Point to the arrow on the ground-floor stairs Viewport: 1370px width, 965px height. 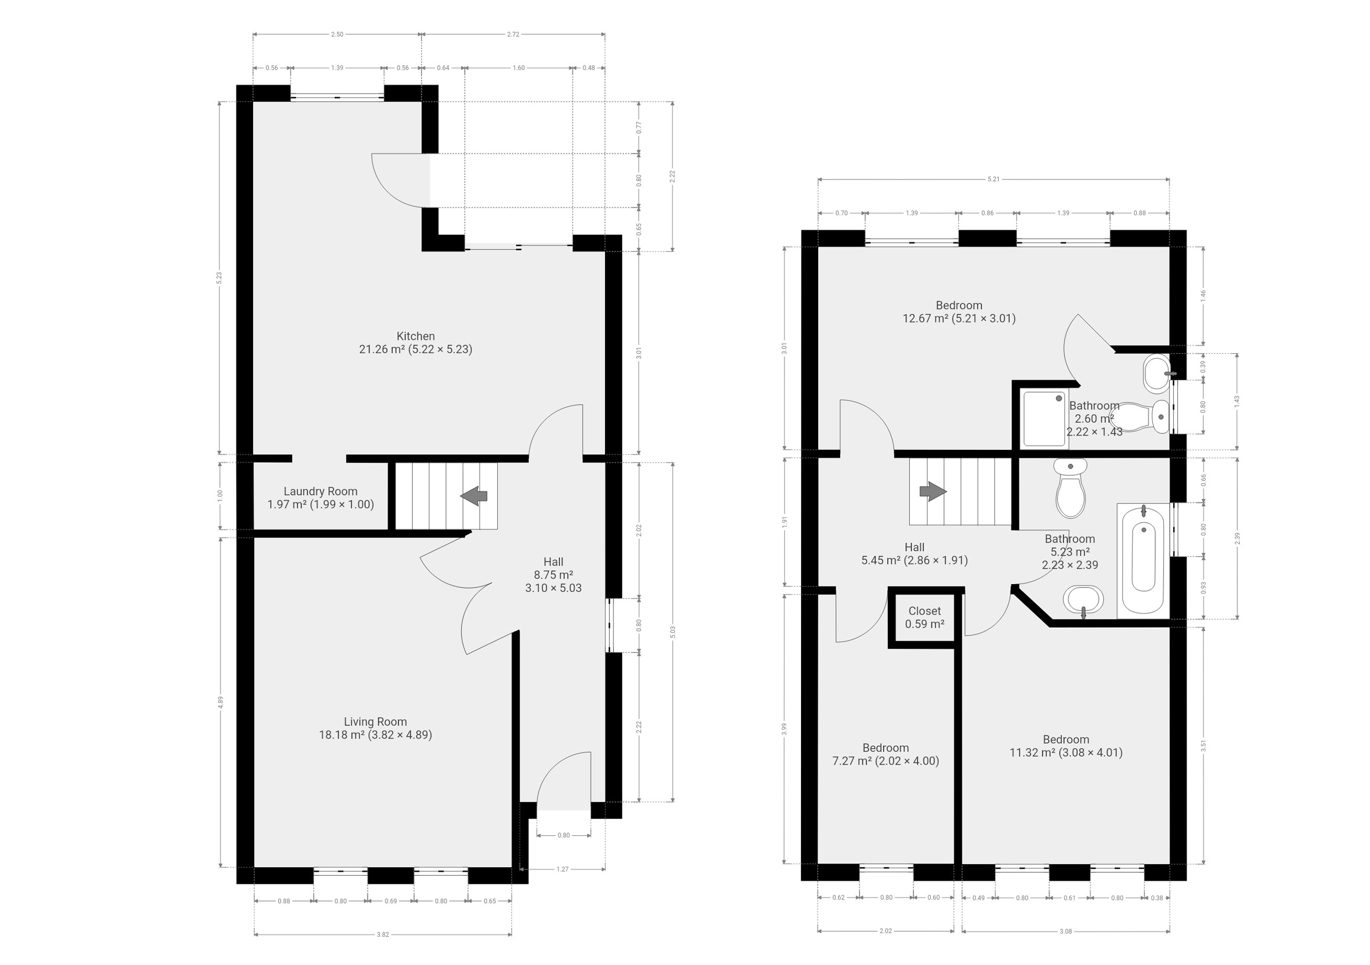tap(474, 496)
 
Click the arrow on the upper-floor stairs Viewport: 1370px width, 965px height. tap(933, 491)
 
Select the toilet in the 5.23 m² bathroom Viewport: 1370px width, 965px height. tap(1071, 488)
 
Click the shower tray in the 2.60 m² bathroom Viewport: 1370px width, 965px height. tap(1045, 418)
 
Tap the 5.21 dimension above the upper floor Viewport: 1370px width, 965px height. tap(993, 179)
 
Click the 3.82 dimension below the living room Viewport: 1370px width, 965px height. tap(382, 935)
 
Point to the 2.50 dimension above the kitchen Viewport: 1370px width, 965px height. tap(337, 34)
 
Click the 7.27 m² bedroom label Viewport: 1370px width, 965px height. tap(886, 755)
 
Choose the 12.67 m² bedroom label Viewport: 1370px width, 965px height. tap(959, 312)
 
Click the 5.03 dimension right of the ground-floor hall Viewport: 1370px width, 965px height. tap(673, 632)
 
